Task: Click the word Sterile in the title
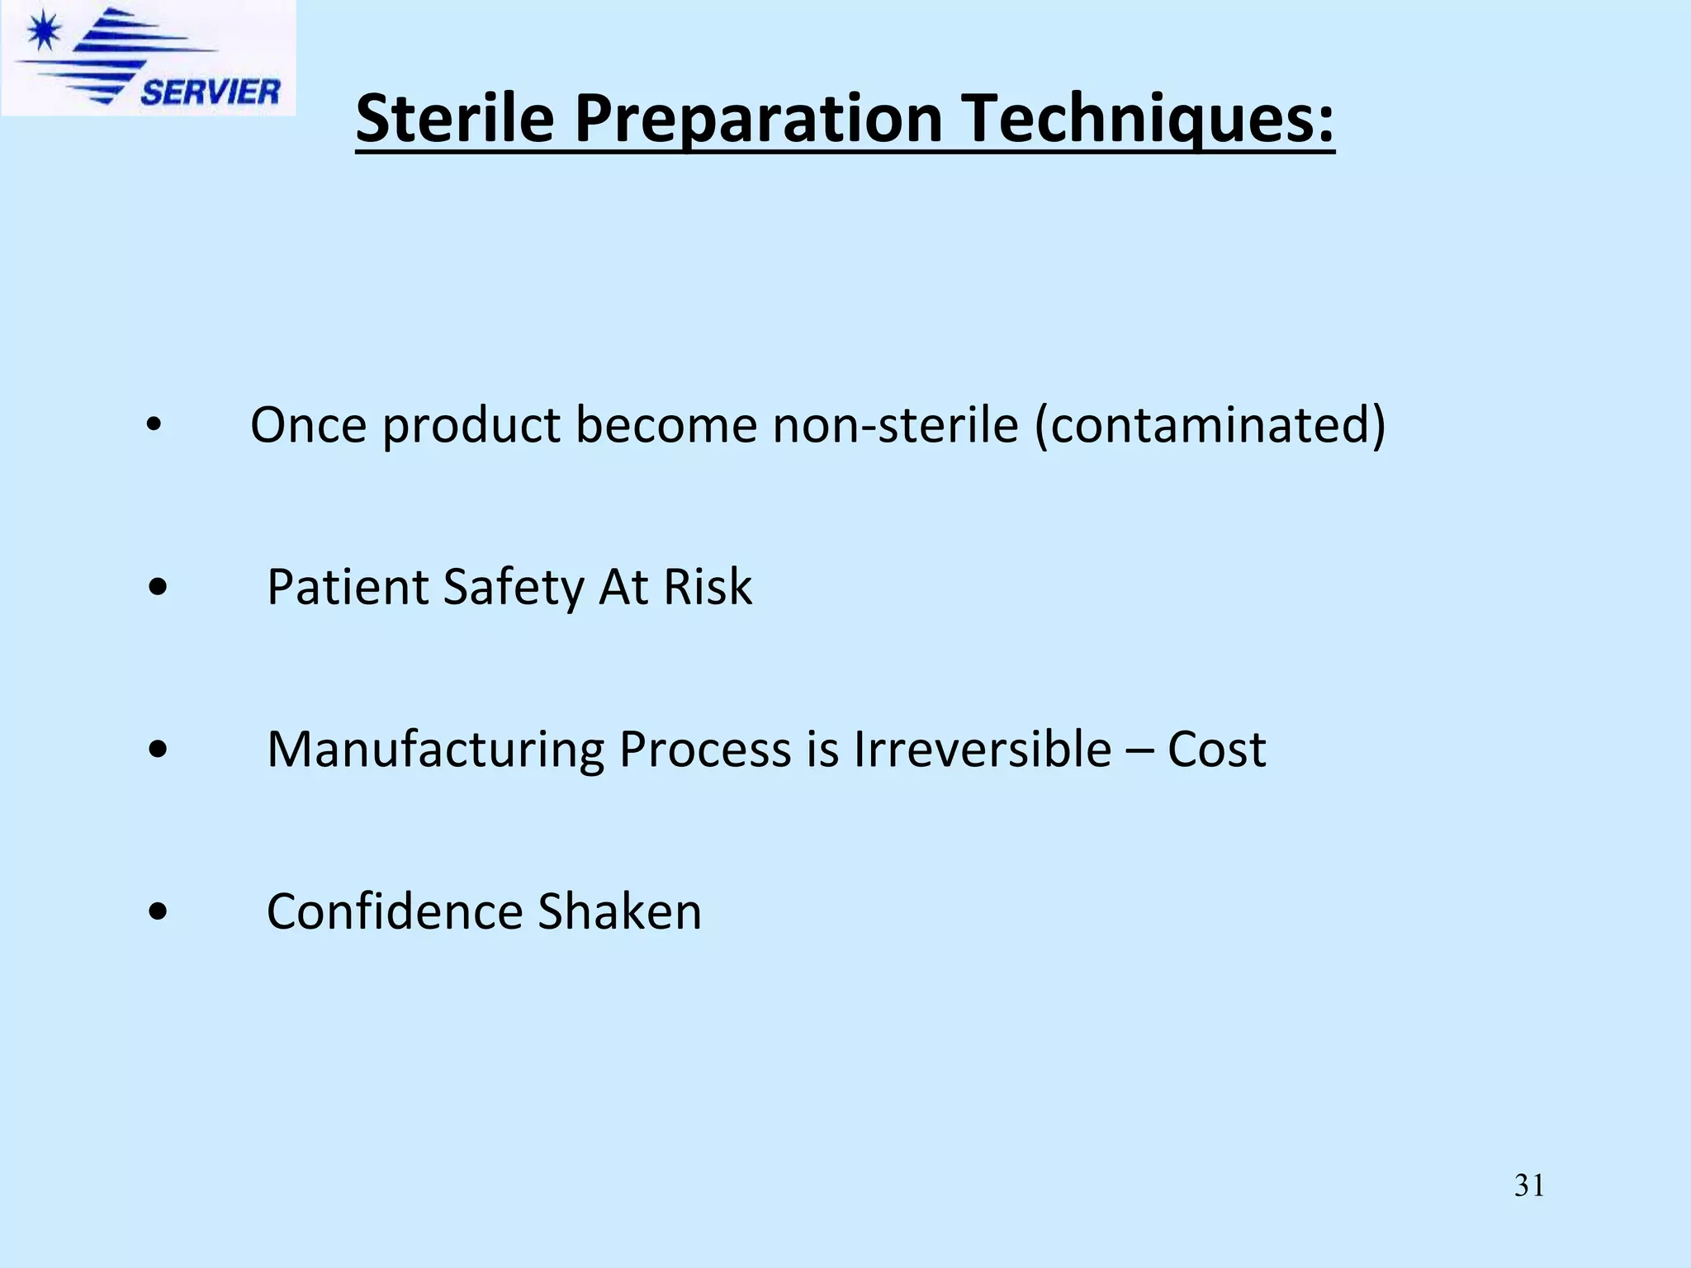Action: pyautogui.click(x=454, y=118)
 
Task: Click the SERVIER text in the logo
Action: pyautogui.click(x=210, y=92)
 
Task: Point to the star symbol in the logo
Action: pyautogui.click(x=43, y=32)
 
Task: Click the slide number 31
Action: pyautogui.click(x=1529, y=1185)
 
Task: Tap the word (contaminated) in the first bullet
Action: pyautogui.click(x=1210, y=425)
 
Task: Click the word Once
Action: pyautogui.click(x=308, y=425)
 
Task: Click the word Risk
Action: pyautogui.click(x=708, y=588)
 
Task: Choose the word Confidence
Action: pyautogui.click(x=395, y=912)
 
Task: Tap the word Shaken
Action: pyautogui.click(x=619, y=912)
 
